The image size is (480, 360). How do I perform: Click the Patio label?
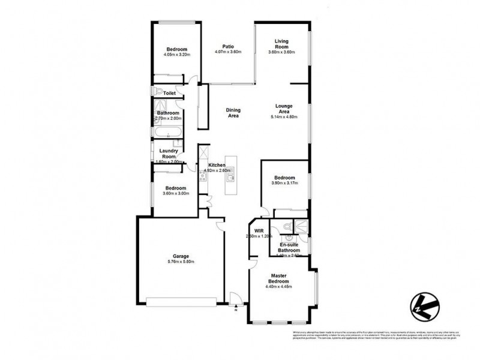227,46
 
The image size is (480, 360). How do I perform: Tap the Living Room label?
281,44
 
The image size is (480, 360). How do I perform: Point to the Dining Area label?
233,112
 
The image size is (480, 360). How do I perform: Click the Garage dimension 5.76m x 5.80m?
181,262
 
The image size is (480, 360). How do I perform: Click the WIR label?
259,230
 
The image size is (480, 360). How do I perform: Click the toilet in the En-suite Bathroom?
287,227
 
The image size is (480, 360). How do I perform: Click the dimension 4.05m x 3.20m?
176,55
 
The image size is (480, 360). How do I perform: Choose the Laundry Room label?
168,154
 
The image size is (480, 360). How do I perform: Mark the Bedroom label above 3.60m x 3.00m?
176,187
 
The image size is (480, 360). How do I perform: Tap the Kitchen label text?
217,165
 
